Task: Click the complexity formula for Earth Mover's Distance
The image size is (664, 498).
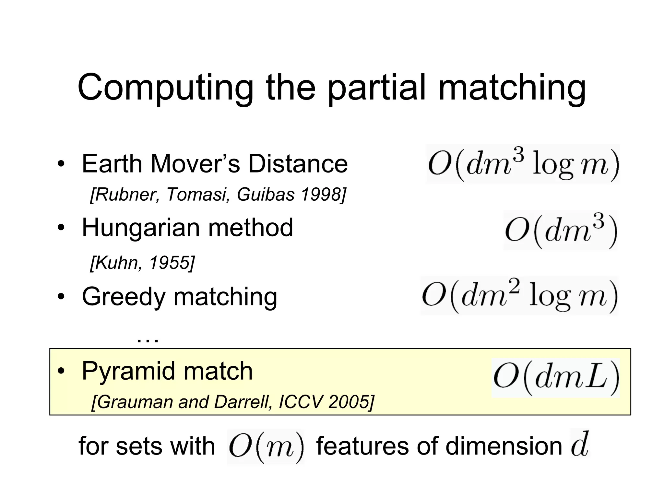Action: click(523, 164)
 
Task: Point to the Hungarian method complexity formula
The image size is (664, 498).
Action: click(561, 230)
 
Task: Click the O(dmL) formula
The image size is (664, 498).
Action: click(556, 378)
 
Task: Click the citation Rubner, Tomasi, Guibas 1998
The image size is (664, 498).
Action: click(218, 195)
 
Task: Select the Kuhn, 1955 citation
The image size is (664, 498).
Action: click(142, 262)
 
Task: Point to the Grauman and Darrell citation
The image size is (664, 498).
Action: click(233, 402)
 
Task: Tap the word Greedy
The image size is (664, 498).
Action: click(124, 297)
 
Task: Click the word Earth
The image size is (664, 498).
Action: click(112, 164)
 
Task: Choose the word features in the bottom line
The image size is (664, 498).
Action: click(362, 446)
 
